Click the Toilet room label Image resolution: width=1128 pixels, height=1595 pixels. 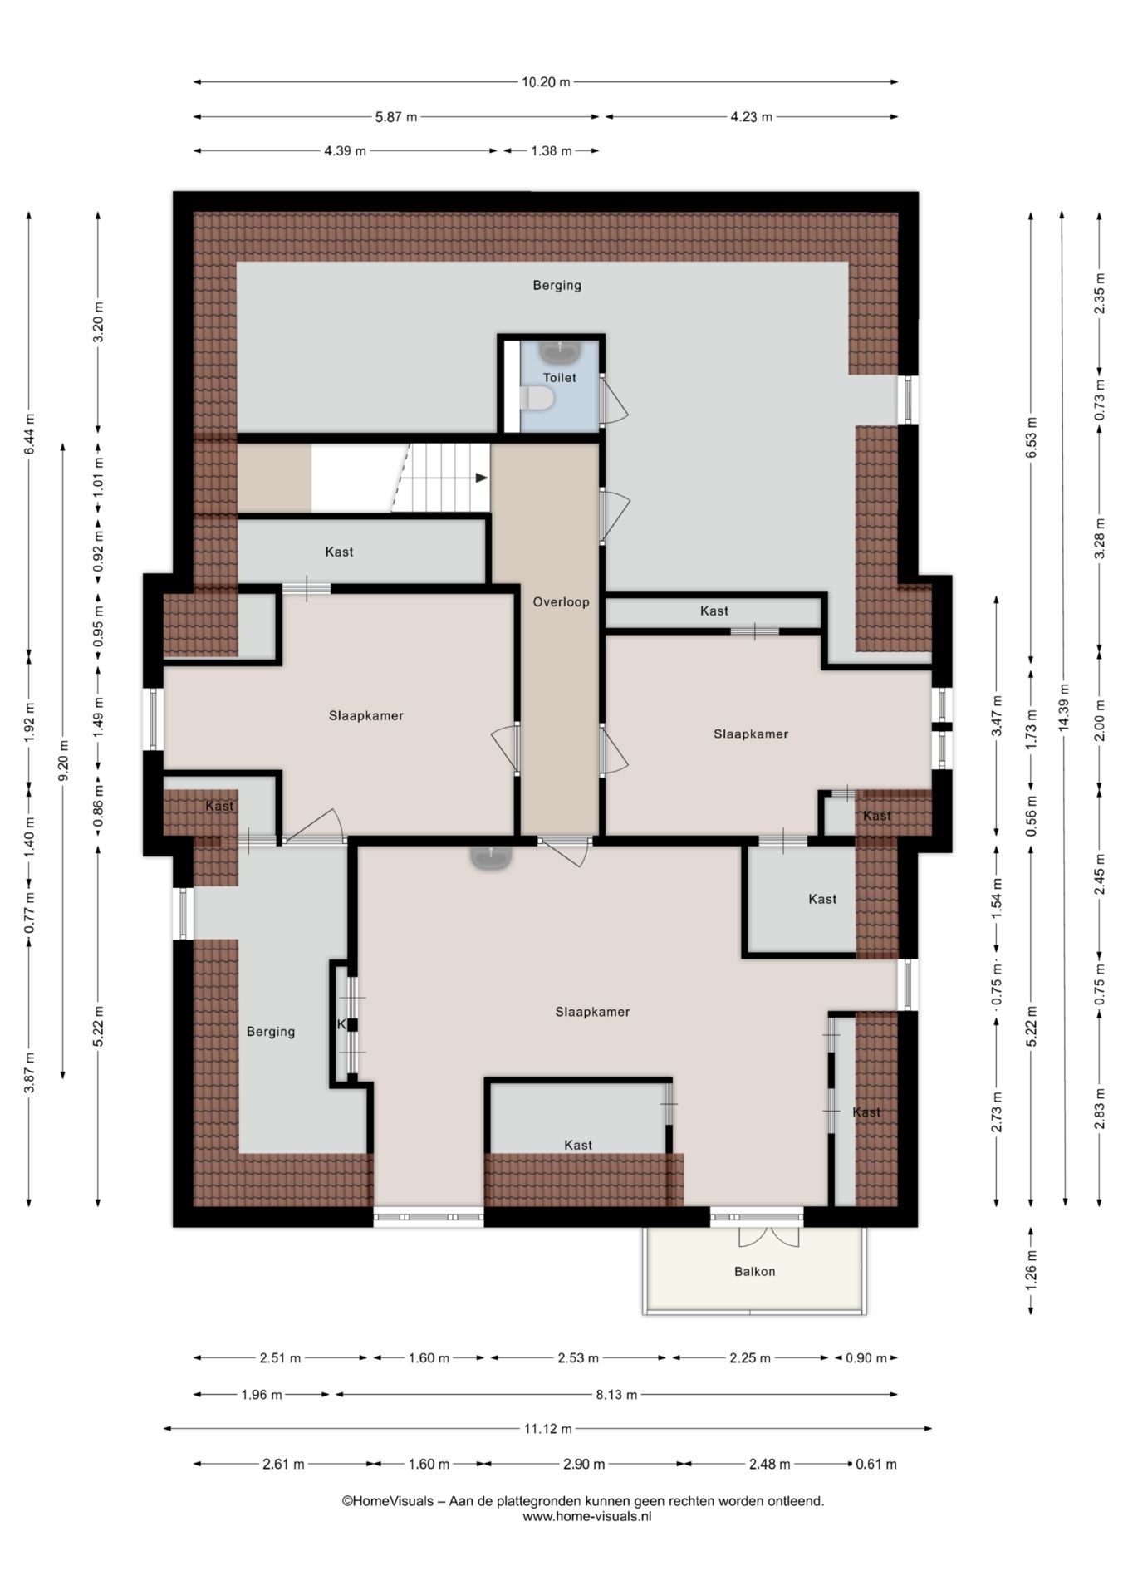559,377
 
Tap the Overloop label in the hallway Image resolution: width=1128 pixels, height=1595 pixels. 561,602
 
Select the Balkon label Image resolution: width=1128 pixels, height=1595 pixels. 754,1271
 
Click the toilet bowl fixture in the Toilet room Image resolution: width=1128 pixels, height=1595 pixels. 537,400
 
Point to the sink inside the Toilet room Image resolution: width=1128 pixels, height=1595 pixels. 559,352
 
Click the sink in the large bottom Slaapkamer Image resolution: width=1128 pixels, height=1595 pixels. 491,857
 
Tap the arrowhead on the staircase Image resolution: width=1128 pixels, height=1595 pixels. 482,478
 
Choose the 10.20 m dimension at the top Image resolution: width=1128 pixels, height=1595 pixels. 546,82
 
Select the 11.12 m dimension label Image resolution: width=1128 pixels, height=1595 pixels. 547,1429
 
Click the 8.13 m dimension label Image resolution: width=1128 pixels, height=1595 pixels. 616,1395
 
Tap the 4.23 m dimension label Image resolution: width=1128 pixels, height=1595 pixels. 751,117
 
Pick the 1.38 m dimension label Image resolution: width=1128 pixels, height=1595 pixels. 552,151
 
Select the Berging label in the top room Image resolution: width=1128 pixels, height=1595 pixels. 557,285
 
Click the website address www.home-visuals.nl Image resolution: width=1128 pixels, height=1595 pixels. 586,1516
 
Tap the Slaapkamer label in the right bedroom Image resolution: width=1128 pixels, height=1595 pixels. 751,734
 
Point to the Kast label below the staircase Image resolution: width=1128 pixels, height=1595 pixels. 339,552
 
